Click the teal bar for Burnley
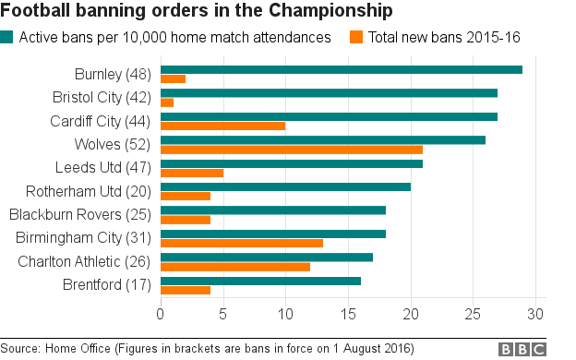342,70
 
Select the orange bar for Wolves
292,149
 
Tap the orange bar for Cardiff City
223,126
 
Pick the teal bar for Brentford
260,281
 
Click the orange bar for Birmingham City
242,243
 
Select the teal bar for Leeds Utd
292,163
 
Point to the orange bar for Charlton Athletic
235,267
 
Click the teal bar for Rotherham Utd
285,186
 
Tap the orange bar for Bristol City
167,102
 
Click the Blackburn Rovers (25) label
79,214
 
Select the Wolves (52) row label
112,144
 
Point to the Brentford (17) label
106,284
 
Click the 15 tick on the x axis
348,315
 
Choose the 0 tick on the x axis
161,315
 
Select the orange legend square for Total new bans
355,38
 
